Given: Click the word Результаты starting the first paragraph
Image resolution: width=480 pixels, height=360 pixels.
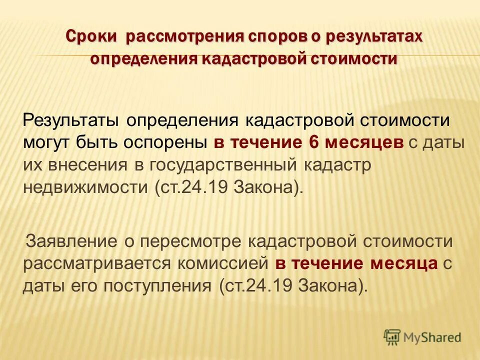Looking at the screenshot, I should [x=70, y=120].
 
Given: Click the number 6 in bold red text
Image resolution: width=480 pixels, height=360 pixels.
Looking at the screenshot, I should [x=313, y=142].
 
